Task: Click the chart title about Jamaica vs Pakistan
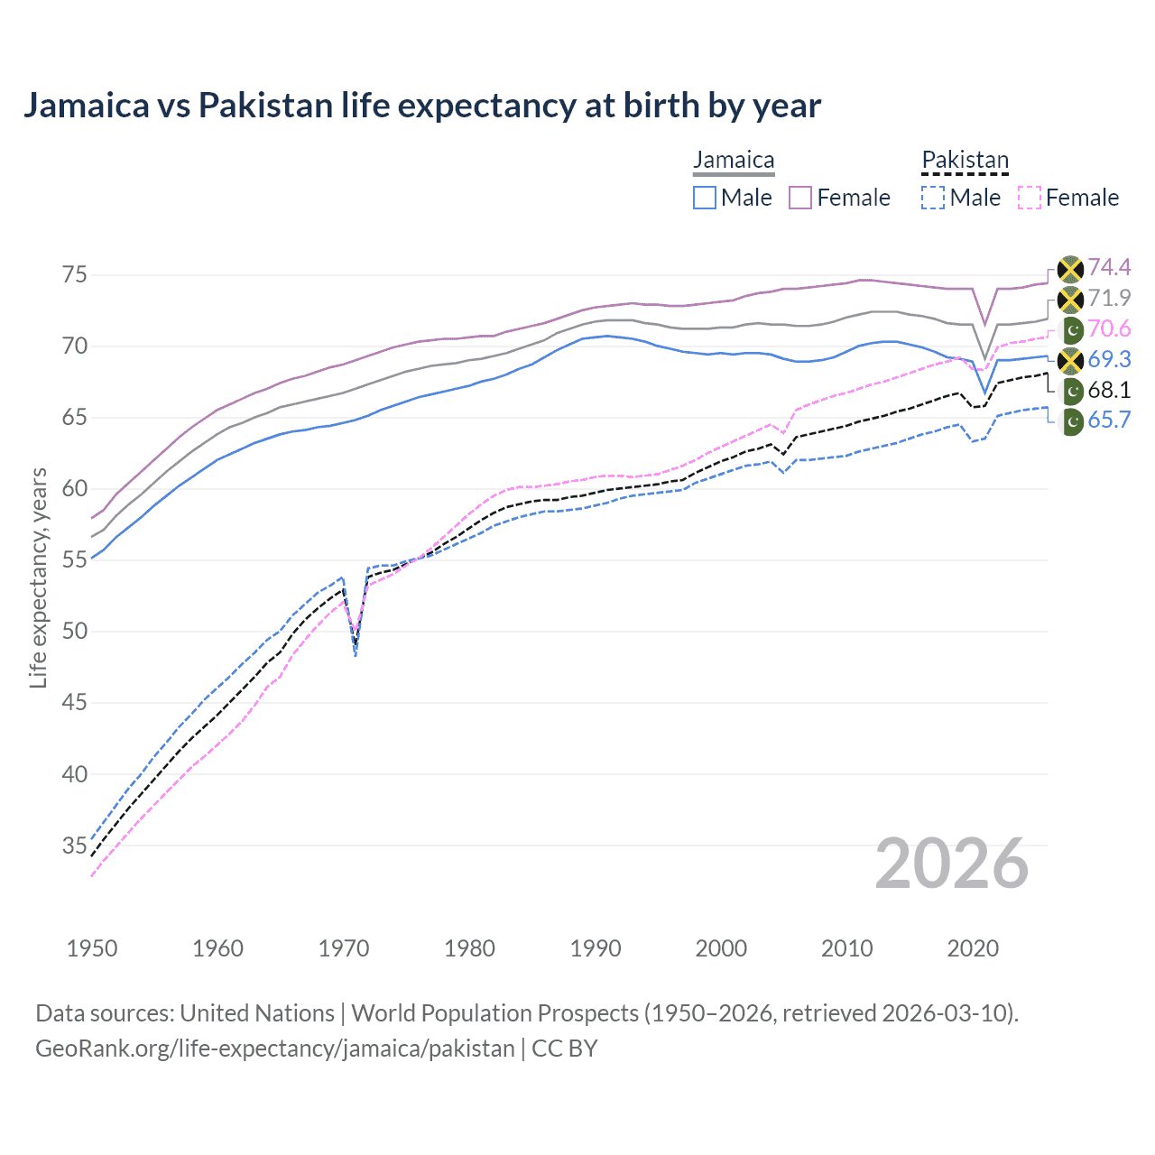pyautogui.click(x=421, y=106)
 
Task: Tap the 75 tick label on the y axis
pyautogui.click(x=74, y=274)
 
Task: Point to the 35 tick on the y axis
pyautogui.click(x=74, y=845)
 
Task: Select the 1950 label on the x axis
pyautogui.click(x=92, y=948)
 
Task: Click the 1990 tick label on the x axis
pyautogui.click(x=596, y=948)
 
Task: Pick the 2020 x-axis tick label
pyautogui.click(x=973, y=948)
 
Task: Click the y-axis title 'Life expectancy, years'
pyautogui.click(x=38, y=577)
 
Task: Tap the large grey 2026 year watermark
pyautogui.click(x=951, y=864)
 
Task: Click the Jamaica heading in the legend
pyautogui.click(x=734, y=161)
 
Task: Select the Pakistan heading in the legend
pyautogui.click(x=965, y=161)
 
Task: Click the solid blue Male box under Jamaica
pyautogui.click(x=705, y=198)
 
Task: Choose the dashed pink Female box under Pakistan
pyautogui.click(x=1030, y=198)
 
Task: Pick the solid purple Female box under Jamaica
pyautogui.click(x=800, y=198)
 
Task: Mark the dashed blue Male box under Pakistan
pyautogui.click(x=933, y=198)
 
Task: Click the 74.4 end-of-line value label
pyautogui.click(x=1109, y=267)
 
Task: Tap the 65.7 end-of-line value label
pyautogui.click(x=1109, y=420)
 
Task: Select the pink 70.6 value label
pyautogui.click(x=1109, y=328)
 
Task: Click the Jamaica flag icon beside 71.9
pyautogui.click(x=1070, y=299)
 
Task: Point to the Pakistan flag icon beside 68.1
pyautogui.click(x=1071, y=391)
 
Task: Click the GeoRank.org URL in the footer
pyautogui.click(x=274, y=1049)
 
